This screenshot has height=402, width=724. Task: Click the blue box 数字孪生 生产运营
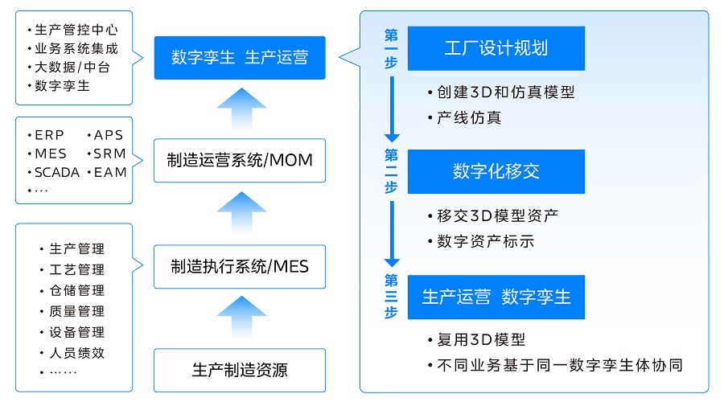tap(240, 58)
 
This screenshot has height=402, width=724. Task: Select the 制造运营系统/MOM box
tap(240, 160)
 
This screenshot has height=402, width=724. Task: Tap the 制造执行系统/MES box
tap(240, 267)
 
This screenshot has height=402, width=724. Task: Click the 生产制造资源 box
tap(240, 370)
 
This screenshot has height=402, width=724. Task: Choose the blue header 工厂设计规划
tap(496, 48)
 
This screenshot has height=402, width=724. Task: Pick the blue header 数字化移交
tap(496, 171)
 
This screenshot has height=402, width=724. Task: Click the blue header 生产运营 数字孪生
tap(496, 297)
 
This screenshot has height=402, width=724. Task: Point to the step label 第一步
tap(391, 49)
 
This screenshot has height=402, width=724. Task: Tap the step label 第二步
tap(391, 170)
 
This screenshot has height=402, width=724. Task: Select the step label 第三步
tap(391, 297)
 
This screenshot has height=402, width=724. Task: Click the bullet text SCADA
tap(57, 173)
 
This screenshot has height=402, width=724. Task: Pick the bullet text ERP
tap(49, 135)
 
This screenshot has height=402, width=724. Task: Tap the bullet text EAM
tap(110, 173)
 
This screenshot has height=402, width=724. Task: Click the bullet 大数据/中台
tap(72, 68)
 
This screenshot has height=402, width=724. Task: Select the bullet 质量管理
tap(77, 311)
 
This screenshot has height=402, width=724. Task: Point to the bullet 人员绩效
tap(77, 353)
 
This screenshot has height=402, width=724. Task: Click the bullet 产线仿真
tap(469, 117)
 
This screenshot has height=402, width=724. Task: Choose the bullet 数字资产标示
tap(485, 241)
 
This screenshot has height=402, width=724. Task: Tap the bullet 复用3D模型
tap(481, 340)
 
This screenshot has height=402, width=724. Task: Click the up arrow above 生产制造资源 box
tap(241, 317)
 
